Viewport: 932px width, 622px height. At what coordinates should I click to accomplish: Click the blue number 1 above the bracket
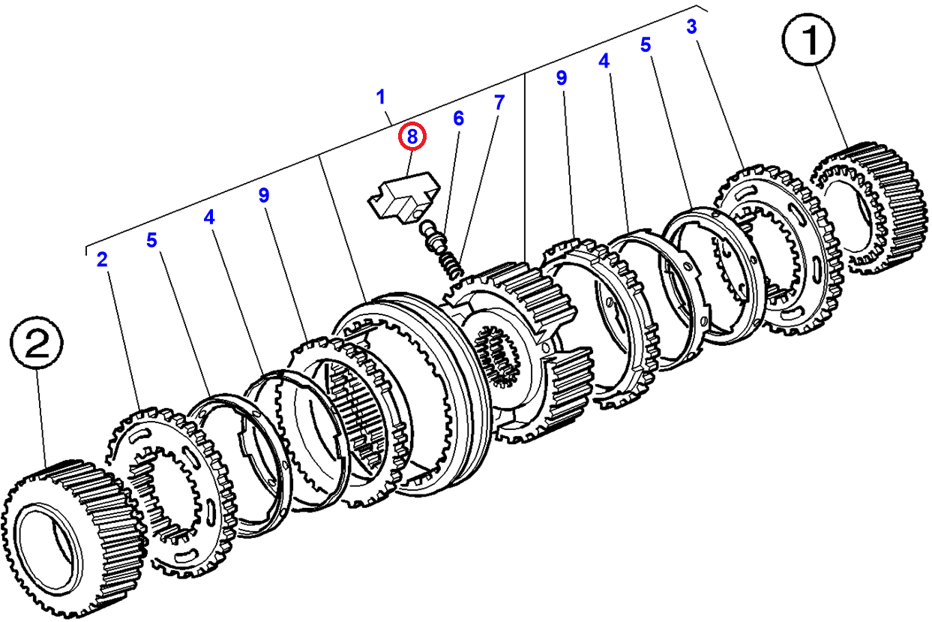[381, 97]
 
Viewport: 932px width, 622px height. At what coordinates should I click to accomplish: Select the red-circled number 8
[412, 137]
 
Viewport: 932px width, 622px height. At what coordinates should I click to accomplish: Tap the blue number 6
[458, 119]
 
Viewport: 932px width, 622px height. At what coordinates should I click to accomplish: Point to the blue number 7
[499, 102]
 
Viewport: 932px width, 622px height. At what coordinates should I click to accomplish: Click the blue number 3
[691, 28]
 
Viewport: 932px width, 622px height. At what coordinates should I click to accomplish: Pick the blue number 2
[102, 260]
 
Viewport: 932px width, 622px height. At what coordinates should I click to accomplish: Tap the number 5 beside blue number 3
[646, 45]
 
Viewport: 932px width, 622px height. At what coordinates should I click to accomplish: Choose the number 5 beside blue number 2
[151, 240]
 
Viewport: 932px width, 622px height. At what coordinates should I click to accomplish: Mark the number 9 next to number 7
[562, 77]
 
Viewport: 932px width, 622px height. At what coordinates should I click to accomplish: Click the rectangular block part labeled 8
[400, 198]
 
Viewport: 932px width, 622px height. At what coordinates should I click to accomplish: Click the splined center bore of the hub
[496, 356]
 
